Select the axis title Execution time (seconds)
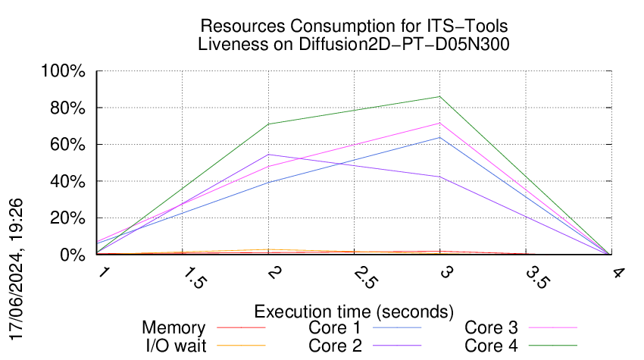click(354, 311)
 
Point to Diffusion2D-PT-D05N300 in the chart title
click(405, 44)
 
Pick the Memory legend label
click(174, 328)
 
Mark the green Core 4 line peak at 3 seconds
click(440, 96)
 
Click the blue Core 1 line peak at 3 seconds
click(440, 137)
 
